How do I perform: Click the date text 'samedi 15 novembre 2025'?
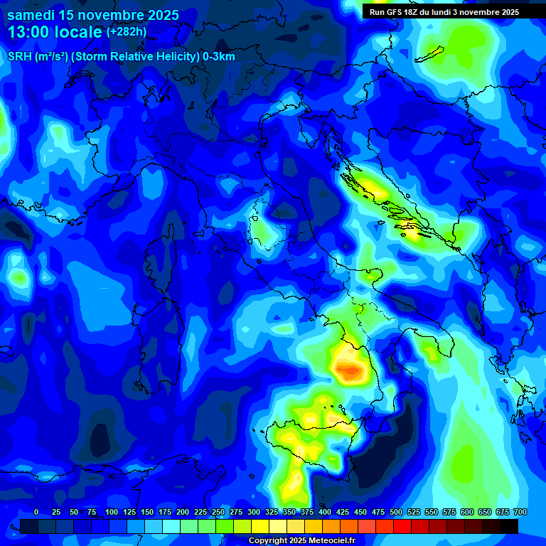[x=92, y=15]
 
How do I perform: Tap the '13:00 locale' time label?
[x=55, y=32]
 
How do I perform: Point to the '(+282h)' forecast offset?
[x=127, y=32]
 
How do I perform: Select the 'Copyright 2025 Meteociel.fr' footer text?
[x=301, y=541]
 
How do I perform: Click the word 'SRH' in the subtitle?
[x=19, y=58]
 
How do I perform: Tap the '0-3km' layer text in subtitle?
[x=218, y=58]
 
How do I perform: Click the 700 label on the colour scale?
[x=520, y=512]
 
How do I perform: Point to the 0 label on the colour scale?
[x=36, y=512]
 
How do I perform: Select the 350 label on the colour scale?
[x=289, y=512]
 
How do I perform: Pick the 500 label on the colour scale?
[x=396, y=512]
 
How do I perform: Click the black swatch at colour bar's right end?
[x=508, y=526]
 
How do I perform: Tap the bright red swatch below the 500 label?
[x=402, y=526]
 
